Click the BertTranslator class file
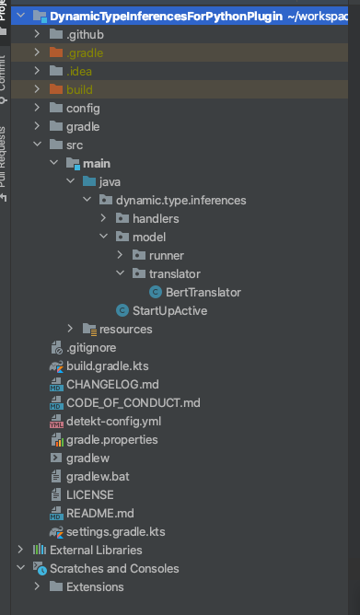(x=203, y=292)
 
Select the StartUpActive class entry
(x=169, y=310)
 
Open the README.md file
(x=100, y=513)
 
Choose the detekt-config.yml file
(x=113, y=421)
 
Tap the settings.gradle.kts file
(x=117, y=531)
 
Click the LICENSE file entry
(x=90, y=494)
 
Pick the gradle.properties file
(x=111, y=439)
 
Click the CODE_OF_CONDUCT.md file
(x=133, y=402)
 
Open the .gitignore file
(x=92, y=347)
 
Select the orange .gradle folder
(x=85, y=52)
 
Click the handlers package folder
(x=155, y=218)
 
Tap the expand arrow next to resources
(x=71, y=329)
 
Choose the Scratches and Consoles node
(x=113, y=568)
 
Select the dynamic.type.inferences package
(x=174, y=200)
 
